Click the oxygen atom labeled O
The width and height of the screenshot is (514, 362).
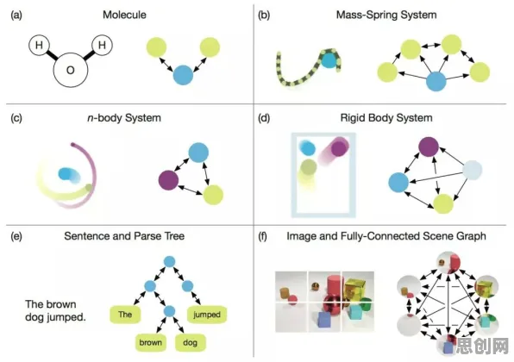point(71,70)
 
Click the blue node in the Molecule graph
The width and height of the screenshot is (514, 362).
point(183,75)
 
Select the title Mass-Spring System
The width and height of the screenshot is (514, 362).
point(386,15)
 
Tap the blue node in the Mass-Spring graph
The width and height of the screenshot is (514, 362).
point(436,81)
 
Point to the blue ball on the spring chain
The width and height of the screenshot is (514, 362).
point(329,60)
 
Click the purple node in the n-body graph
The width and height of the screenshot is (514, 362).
point(168,180)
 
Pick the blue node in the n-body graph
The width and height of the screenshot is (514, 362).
point(198,153)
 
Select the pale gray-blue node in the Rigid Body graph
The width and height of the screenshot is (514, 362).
point(472,170)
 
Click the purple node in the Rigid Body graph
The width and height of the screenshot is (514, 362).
point(429,147)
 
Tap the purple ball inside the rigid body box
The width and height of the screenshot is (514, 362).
point(339,148)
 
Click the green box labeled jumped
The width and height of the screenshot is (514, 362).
point(206,315)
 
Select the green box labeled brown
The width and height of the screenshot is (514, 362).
point(150,343)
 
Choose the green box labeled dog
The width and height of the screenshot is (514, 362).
point(190,343)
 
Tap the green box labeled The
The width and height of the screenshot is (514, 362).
point(125,315)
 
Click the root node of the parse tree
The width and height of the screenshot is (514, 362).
point(169,261)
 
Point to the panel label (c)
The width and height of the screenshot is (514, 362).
point(16,118)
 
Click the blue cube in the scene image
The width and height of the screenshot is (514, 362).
point(324,320)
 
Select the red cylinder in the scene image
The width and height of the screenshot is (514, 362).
point(335,285)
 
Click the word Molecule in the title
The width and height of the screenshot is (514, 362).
point(124,15)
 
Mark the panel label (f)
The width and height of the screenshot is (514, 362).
point(263,236)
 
